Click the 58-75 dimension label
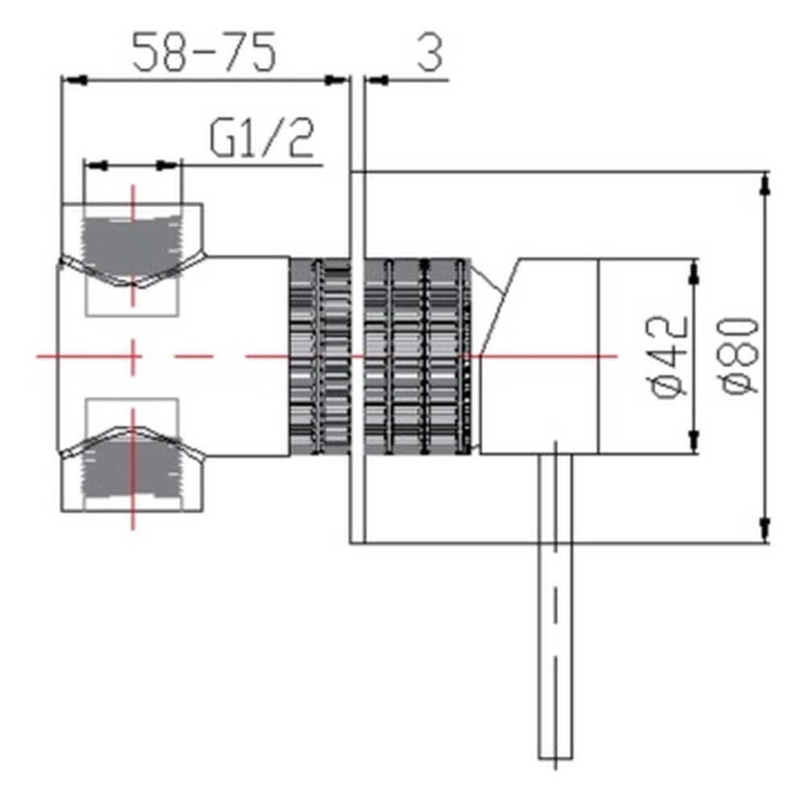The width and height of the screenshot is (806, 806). point(204,52)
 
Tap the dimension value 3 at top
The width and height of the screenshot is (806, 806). point(430,53)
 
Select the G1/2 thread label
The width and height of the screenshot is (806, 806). point(262,139)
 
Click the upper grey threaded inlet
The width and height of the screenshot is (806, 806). point(132,247)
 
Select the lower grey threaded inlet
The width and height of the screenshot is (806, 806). point(132,465)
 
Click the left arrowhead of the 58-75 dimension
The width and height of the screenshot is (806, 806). point(74,81)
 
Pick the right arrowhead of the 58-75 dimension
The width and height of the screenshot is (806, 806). point(337,81)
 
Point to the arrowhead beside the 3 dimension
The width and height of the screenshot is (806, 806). point(376,81)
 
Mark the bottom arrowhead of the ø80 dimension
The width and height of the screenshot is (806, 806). point(766,530)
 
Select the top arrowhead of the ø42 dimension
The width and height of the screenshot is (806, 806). point(695,272)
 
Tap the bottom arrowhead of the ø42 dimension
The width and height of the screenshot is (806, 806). point(695,442)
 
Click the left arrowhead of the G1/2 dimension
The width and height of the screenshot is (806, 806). point(96,165)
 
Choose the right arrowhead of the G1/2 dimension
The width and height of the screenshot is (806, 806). point(168,165)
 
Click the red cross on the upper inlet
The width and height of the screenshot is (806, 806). point(133,246)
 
